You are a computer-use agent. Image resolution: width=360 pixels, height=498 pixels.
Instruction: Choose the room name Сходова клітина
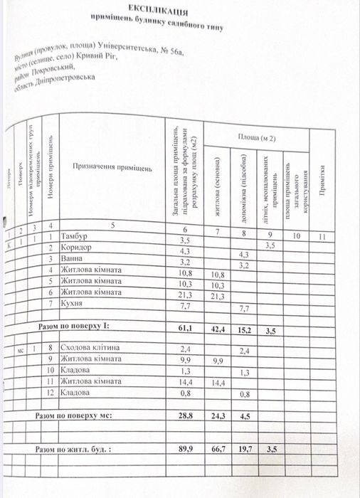91,349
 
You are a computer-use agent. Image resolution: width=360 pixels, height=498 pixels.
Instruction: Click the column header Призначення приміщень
112,168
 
